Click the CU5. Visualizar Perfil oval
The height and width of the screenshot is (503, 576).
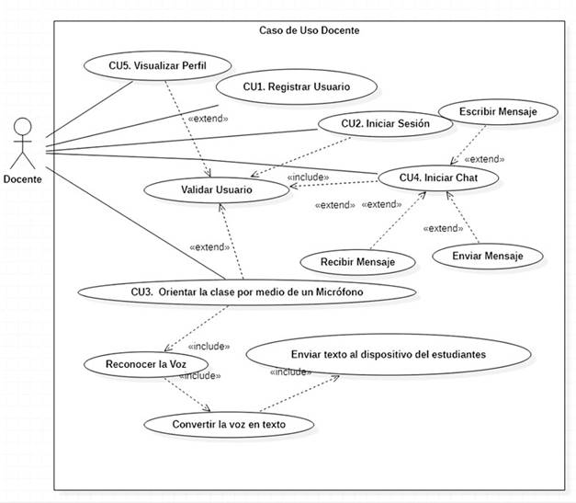pos(156,65)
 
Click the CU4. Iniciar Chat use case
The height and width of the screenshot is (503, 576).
pos(437,176)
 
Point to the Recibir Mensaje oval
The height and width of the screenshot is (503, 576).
pos(357,262)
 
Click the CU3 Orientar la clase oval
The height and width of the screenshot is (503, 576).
pos(244,292)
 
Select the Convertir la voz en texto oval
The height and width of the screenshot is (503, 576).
pos(229,425)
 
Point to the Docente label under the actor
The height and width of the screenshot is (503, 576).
pos(23,179)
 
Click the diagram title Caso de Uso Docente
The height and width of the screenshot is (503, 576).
pos(309,30)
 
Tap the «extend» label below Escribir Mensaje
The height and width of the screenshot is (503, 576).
pos(484,158)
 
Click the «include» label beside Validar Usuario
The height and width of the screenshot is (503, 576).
pos(308,177)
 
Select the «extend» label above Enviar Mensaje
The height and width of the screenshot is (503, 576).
pos(444,228)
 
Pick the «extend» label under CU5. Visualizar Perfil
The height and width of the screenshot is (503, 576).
pos(208,119)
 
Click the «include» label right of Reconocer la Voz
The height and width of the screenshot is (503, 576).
pos(209,347)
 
